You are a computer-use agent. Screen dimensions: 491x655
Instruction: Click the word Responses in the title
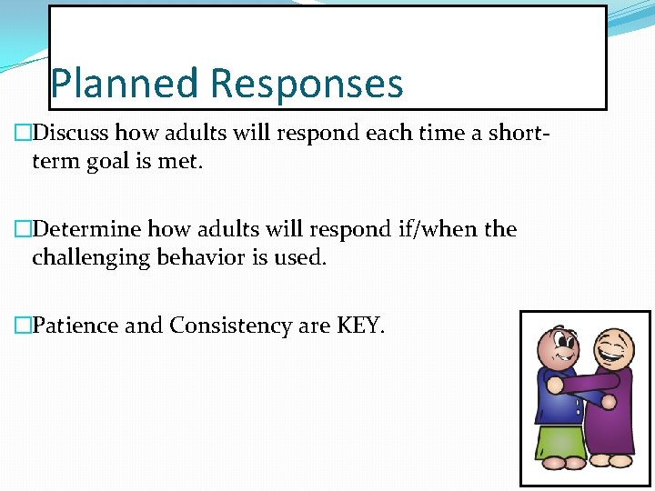[x=307, y=85]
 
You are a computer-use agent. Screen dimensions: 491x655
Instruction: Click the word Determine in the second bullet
[x=86, y=229]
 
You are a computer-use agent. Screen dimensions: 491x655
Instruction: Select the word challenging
[x=92, y=257]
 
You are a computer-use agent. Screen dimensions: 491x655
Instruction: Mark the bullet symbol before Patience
[x=23, y=326]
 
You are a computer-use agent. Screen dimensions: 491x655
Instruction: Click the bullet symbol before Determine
[x=23, y=229]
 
